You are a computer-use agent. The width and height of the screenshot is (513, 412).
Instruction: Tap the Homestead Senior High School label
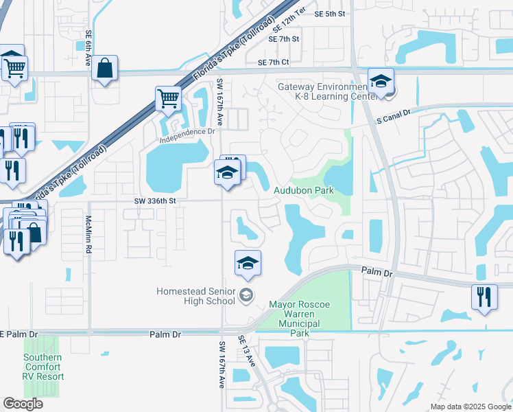click(195, 296)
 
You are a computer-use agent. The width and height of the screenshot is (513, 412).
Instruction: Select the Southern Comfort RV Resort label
click(43, 367)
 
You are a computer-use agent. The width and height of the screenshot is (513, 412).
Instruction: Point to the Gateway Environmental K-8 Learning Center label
click(323, 92)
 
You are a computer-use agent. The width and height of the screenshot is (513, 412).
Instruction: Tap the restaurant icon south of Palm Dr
click(484, 297)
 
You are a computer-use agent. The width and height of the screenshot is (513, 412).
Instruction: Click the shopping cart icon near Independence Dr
click(168, 98)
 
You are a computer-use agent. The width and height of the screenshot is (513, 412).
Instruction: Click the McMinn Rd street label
click(88, 235)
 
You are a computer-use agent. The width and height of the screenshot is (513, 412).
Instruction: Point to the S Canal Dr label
click(393, 115)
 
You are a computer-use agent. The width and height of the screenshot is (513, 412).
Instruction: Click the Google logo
click(23, 404)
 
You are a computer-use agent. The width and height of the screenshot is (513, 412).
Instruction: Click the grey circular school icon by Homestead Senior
click(246, 296)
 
